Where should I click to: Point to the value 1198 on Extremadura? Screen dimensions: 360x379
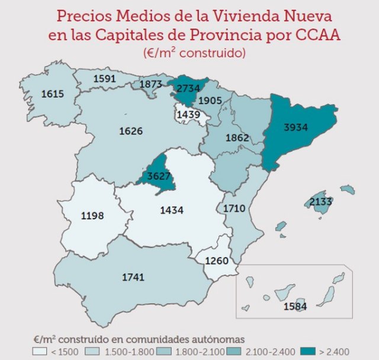(92, 217)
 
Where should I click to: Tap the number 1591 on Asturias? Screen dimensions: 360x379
(104, 78)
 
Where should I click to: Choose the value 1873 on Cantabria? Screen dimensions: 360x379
(151, 84)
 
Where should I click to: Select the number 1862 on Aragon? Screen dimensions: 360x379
(237, 137)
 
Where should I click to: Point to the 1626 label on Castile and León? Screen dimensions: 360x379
(131, 131)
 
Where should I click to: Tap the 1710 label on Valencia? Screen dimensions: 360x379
(235, 208)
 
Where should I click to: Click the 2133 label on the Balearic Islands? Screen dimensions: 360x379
(320, 202)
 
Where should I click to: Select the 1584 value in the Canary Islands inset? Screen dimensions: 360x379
(295, 307)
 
